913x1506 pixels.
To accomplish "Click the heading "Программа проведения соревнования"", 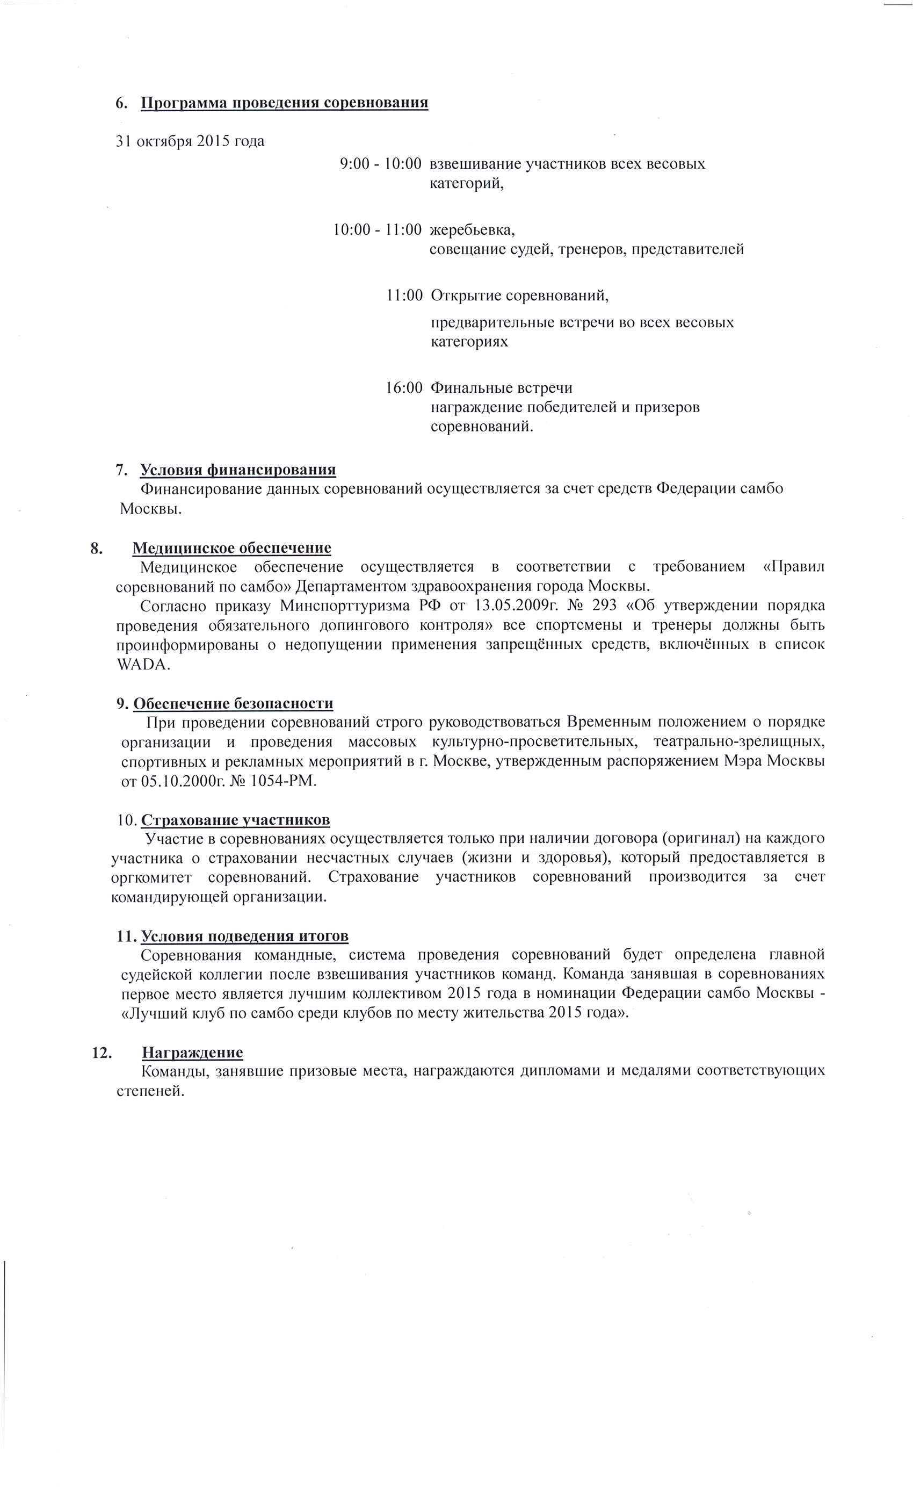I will [284, 102].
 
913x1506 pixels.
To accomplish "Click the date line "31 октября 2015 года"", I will [190, 141].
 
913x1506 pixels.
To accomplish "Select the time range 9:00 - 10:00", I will [380, 164].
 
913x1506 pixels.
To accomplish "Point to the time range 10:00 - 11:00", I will [376, 230].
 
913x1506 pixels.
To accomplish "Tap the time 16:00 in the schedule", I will [403, 387].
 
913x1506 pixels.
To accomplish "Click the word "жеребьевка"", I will [472, 230].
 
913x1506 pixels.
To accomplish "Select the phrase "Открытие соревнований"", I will [519, 296].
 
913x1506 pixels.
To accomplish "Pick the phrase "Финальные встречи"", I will [501, 387].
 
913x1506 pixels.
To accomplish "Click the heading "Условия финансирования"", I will [238, 470].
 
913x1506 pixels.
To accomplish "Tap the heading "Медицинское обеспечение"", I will [231, 547].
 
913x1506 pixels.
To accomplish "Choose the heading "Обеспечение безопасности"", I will [233, 703].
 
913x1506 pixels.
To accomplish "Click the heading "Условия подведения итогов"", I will [244, 936].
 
